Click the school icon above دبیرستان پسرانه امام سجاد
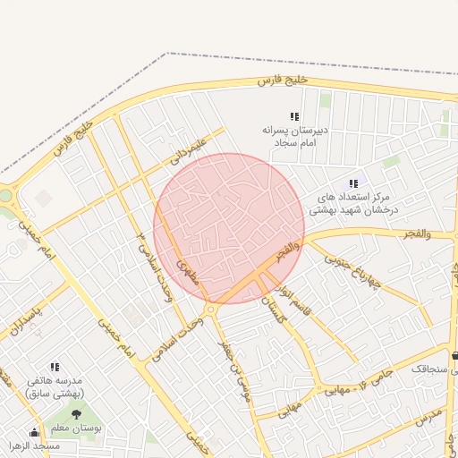(x=294, y=116)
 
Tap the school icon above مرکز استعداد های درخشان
(x=353, y=183)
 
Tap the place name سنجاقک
(x=433, y=368)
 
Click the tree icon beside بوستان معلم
(x=76, y=413)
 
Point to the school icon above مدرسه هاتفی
(x=55, y=367)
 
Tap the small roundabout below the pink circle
(x=210, y=310)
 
